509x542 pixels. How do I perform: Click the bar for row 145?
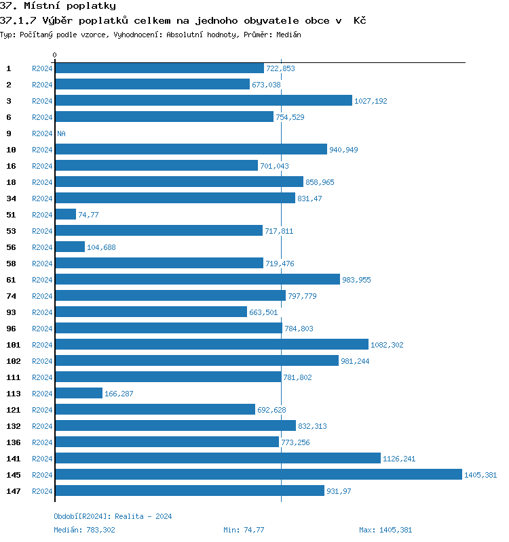(258, 474)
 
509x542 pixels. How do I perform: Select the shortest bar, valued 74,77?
(65, 214)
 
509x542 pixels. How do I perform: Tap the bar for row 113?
(78, 393)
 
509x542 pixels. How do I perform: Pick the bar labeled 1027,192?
(204, 100)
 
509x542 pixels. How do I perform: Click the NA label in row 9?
(61, 133)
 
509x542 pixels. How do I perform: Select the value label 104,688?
(101, 247)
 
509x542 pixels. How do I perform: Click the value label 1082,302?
(387, 345)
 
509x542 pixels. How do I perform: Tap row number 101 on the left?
(13, 345)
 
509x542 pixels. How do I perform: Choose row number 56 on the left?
(11, 247)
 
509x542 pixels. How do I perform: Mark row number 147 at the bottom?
(13, 491)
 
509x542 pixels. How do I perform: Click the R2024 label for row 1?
(42, 68)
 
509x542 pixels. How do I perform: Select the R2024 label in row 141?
(42, 459)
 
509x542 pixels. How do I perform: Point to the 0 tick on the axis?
(55, 55)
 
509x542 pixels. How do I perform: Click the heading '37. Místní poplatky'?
(58, 6)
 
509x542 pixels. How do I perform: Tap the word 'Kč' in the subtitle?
(360, 20)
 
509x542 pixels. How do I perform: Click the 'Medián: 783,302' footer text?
(85, 530)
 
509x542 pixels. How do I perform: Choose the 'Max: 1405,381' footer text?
(385, 530)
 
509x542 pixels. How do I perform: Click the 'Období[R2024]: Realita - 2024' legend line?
(113, 516)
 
